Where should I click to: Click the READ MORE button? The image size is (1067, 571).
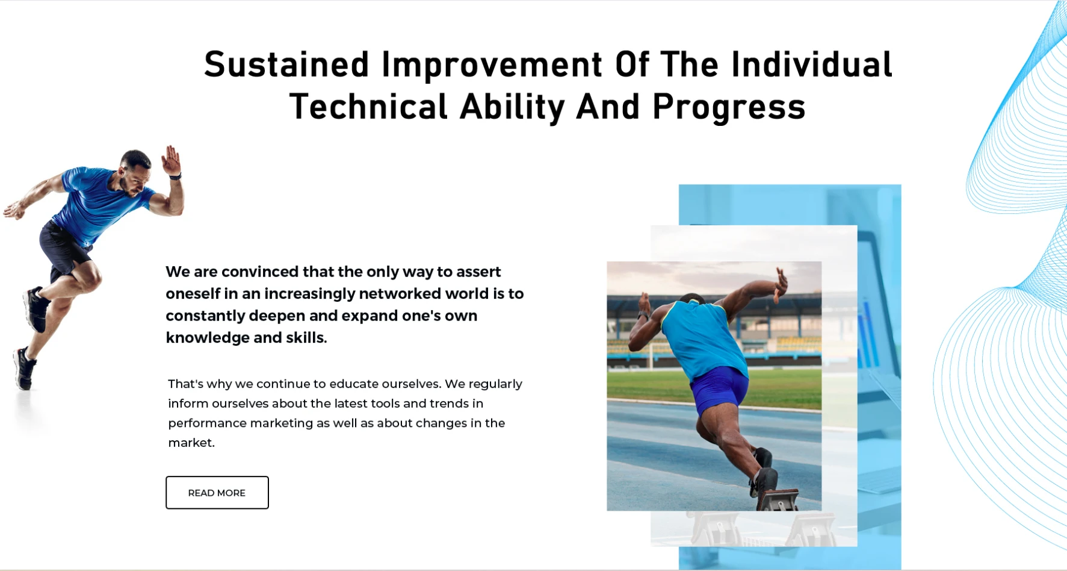[217, 493]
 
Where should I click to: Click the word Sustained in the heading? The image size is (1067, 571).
[286, 64]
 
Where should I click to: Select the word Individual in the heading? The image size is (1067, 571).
[812, 64]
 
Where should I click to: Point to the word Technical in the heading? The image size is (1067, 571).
[369, 107]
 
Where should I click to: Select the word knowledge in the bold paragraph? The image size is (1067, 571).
[208, 339]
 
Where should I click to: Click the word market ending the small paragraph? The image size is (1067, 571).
[190, 443]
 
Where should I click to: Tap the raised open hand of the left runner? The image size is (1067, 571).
[171, 160]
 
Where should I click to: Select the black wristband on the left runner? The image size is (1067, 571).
[175, 176]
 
